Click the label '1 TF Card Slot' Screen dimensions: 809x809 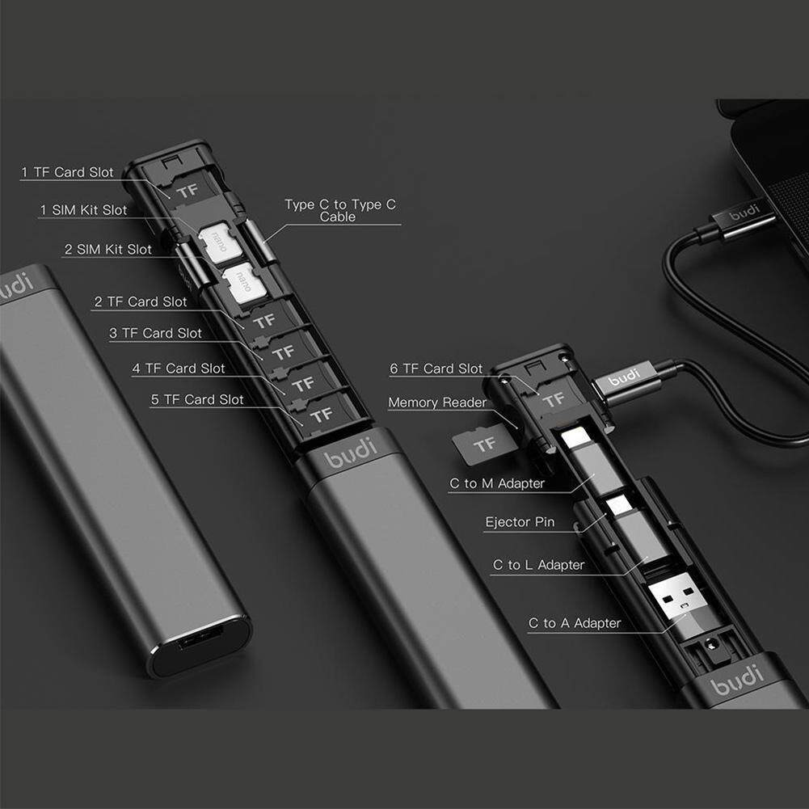tap(67, 172)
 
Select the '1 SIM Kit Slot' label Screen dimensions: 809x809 tap(83, 210)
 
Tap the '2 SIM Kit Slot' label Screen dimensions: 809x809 tap(107, 249)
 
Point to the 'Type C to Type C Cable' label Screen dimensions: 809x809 tap(340, 210)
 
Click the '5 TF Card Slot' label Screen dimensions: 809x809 tap(197, 399)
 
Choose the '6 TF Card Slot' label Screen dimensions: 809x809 tap(436, 369)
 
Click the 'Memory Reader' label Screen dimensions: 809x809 tap(437, 402)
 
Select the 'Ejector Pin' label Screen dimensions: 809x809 tap(520, 522)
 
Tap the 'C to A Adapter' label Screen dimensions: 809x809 tap(575, 623)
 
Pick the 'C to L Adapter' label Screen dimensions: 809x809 tap(538, 565)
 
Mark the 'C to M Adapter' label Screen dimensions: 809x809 tap(497, 483)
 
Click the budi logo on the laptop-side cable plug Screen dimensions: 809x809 tap(744, 211)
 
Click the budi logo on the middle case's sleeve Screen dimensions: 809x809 tap(350, 452)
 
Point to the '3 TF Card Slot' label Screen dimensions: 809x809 tap(155, 333)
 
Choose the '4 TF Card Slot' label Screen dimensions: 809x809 tap(179, 369)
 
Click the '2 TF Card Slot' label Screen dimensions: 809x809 tap(141, 301)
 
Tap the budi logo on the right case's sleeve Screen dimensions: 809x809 tap(737, 680)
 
